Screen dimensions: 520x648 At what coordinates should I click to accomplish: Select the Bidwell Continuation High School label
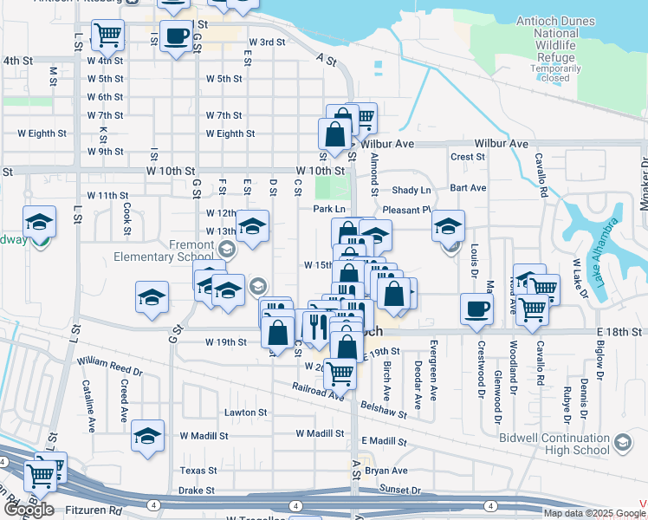(554, 444)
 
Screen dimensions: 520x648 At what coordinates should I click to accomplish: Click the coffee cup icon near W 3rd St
(177, 36)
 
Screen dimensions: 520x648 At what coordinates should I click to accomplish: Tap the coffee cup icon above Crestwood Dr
(476, 309)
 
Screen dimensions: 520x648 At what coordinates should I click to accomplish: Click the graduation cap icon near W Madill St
(148, 435)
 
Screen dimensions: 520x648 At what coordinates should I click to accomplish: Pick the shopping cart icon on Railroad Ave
(340, 374)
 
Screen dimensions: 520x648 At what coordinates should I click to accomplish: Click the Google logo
(29, 509)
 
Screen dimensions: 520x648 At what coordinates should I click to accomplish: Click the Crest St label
(467, 157)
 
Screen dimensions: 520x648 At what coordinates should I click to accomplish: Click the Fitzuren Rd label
(97, 510)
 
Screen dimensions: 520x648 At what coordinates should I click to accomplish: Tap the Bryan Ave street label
(386, 471)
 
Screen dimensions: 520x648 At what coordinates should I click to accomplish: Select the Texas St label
(198, 471)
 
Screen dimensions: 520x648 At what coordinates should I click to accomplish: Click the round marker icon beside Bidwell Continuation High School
(623, 445)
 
